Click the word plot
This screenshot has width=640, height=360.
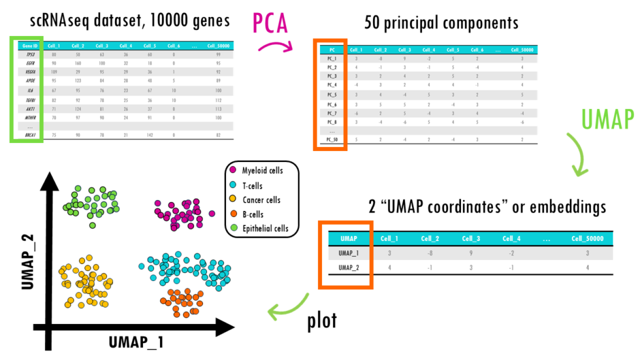[x=323, y=321]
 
